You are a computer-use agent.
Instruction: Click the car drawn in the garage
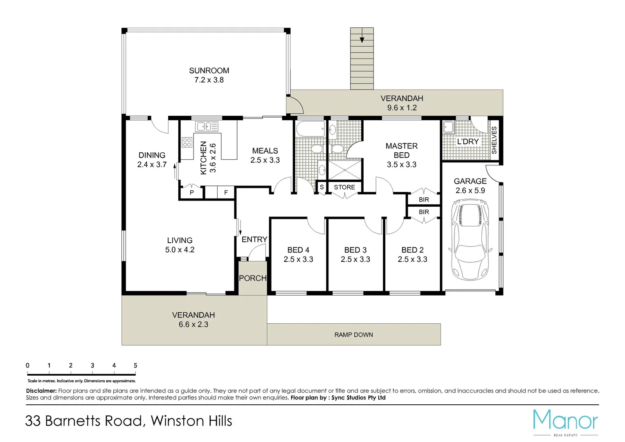[x=470, y=239]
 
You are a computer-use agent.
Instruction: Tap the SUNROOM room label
[x=209, y=71]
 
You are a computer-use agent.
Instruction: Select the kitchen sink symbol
[x=207, y=126]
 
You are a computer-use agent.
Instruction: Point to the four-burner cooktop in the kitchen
[x=187, y=142]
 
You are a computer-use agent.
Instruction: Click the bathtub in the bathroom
[x=310, y=129]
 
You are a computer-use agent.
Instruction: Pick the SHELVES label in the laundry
[x=494, y=140]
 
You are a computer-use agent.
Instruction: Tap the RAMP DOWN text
[x=353, y=334]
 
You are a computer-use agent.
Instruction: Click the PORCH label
[x=253, y=278]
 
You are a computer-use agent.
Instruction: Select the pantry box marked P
[x=192, y=192]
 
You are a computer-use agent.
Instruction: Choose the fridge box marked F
[x=226, y=192]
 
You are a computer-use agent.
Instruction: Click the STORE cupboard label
[x=344, y=187]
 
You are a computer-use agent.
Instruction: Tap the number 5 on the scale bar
[x=135, y=365]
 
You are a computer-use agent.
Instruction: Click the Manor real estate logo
[x=566, y=422]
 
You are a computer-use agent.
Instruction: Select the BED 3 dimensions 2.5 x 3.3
[x=355, y=259]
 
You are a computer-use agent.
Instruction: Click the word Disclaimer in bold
[x=41, y=390]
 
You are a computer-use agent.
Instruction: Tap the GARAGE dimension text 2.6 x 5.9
[x=470, y=190]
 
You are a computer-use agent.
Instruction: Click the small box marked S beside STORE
[x=322, y=187]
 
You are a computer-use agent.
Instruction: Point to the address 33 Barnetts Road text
[x=85, y=421]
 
